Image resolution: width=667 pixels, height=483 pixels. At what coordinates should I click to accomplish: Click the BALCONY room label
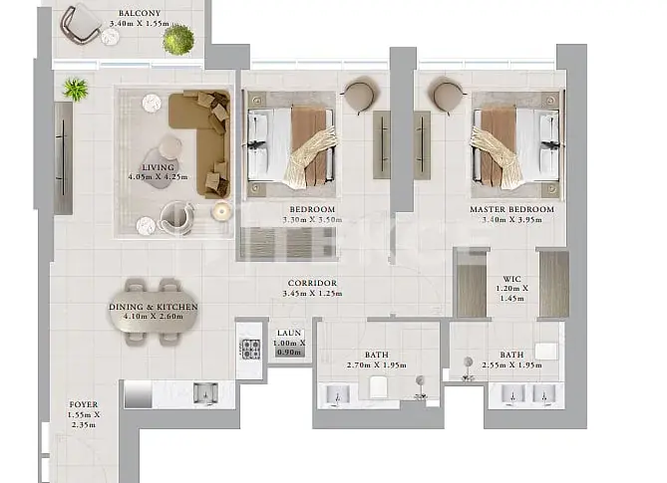coord(140,14)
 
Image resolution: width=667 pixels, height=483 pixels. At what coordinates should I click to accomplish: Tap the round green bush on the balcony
coord(178,40)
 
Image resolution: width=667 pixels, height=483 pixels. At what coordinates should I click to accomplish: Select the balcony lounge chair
coord(81,23)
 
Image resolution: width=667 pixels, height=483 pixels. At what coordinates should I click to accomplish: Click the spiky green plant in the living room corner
coord(76,90)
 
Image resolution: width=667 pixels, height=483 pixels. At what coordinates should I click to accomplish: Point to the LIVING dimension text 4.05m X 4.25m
coord(158,177)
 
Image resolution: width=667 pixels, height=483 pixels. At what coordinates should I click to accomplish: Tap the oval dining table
coord(154,313)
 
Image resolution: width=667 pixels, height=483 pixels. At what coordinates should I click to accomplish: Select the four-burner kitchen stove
coord(250,350)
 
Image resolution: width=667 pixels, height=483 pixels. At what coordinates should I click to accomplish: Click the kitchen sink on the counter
coord(206,393)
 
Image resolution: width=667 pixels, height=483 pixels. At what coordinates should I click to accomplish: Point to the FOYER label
coord(84,404)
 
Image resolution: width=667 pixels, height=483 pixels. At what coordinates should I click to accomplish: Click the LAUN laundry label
coord(289,333)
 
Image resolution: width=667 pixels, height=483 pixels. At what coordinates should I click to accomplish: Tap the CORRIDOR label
coord(312,283)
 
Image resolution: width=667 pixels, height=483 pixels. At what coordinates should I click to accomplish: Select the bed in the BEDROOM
coord(291,144)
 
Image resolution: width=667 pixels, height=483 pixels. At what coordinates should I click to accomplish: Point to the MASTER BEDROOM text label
coord(511,209)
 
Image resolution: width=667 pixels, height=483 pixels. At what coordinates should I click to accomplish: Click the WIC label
coord(511,279)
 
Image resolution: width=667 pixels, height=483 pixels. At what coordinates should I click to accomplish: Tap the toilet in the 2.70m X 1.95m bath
coord(377,387)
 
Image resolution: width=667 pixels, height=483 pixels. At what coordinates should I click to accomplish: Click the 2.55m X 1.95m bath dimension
coord(511,365)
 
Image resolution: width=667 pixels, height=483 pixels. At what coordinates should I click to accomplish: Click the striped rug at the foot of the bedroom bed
coord(288,243)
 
